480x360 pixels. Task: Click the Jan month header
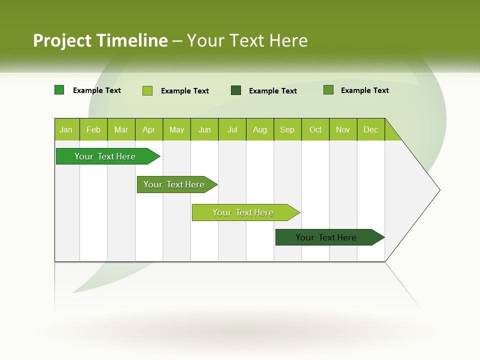point(66,130)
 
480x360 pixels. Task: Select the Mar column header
point(121,130)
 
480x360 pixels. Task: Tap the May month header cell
point(176,130)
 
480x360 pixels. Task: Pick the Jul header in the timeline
point(232,130)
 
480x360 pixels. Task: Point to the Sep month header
point(287,130)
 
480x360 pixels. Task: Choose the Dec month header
point(370,130)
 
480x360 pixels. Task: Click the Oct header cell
point(315,130)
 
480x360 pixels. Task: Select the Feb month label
point(93,130)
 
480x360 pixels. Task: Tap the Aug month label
point(259,130)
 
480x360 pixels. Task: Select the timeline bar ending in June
point(175,184)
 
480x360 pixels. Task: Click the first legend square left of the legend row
point(59,90)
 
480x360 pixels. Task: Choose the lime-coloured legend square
point(147,90)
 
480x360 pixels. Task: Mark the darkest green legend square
point(236,90)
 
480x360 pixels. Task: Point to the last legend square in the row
point(328,90)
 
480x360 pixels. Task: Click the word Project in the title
point(62,40)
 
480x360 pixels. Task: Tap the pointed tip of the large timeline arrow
point(438,190)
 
